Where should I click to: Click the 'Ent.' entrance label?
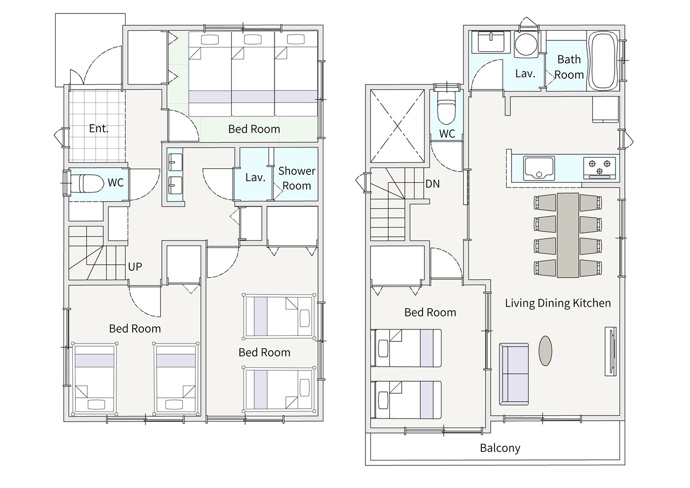(x=99, y=128)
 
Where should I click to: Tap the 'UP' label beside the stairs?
(x=135, y=266)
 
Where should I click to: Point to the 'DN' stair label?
(x=432, y=184)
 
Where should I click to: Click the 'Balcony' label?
(x=500, y=448)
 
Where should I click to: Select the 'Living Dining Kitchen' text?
(x=558, y=303)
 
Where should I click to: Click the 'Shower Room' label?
(x=296, y=178)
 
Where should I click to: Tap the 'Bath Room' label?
(x=569, y=67)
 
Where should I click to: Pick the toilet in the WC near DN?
(x=447, y=107)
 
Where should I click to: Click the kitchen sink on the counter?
(x=539, y=168)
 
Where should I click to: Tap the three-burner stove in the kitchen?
(x=599, y=168)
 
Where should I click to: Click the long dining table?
(x=568, y=236)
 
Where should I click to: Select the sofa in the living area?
(x=514, y=374)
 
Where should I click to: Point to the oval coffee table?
(x=545, y=351)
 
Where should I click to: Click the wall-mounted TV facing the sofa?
(x=611, y=351)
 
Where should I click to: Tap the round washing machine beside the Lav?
(x=526, y=45)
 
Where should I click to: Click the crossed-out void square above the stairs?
(x=397, y=126)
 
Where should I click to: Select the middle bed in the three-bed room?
(x=253, y=74)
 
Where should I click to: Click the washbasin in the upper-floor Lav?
(x=491, y=42)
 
